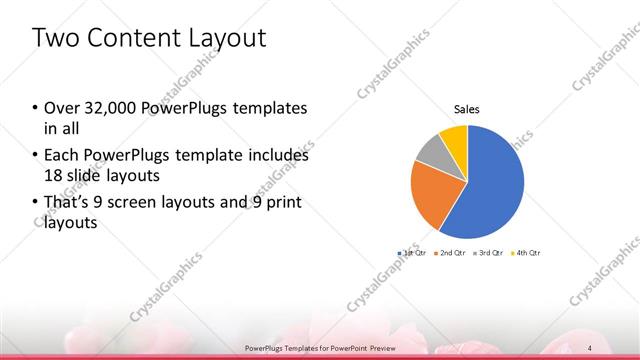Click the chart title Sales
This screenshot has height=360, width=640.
[467, 109]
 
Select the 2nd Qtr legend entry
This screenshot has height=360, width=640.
[450, 253]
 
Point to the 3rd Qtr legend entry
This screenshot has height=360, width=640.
[487, 253]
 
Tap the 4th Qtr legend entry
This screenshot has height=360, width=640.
[524, 253]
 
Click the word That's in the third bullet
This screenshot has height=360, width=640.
[67, 204]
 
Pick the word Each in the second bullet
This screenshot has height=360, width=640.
[61, 156]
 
